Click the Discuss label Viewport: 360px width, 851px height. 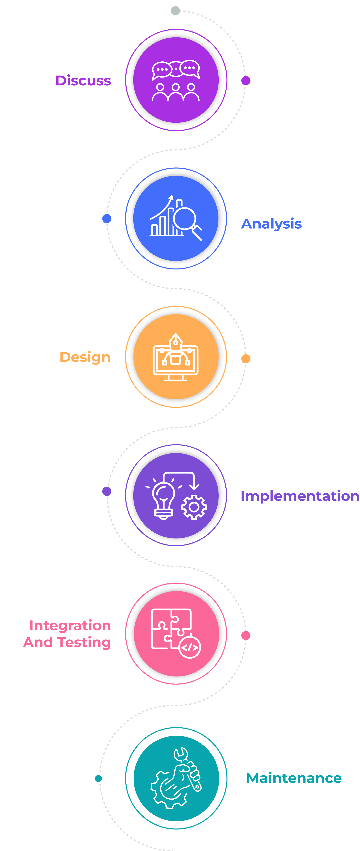coord(83,81)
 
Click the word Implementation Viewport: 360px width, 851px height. coord(300,496)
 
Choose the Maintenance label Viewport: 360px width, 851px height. coord(294,778)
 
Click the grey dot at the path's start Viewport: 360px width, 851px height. coord(175,10)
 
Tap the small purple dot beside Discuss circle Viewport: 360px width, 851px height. coord(246,81)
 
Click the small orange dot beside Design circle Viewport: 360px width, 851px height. coord(246,359)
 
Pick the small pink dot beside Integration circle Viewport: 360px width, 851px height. coord(246,635)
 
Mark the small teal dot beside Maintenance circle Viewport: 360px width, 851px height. coord(98,778)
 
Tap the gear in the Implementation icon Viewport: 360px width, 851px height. coord(194,507)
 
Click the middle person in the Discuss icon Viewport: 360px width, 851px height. coord(176,92)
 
